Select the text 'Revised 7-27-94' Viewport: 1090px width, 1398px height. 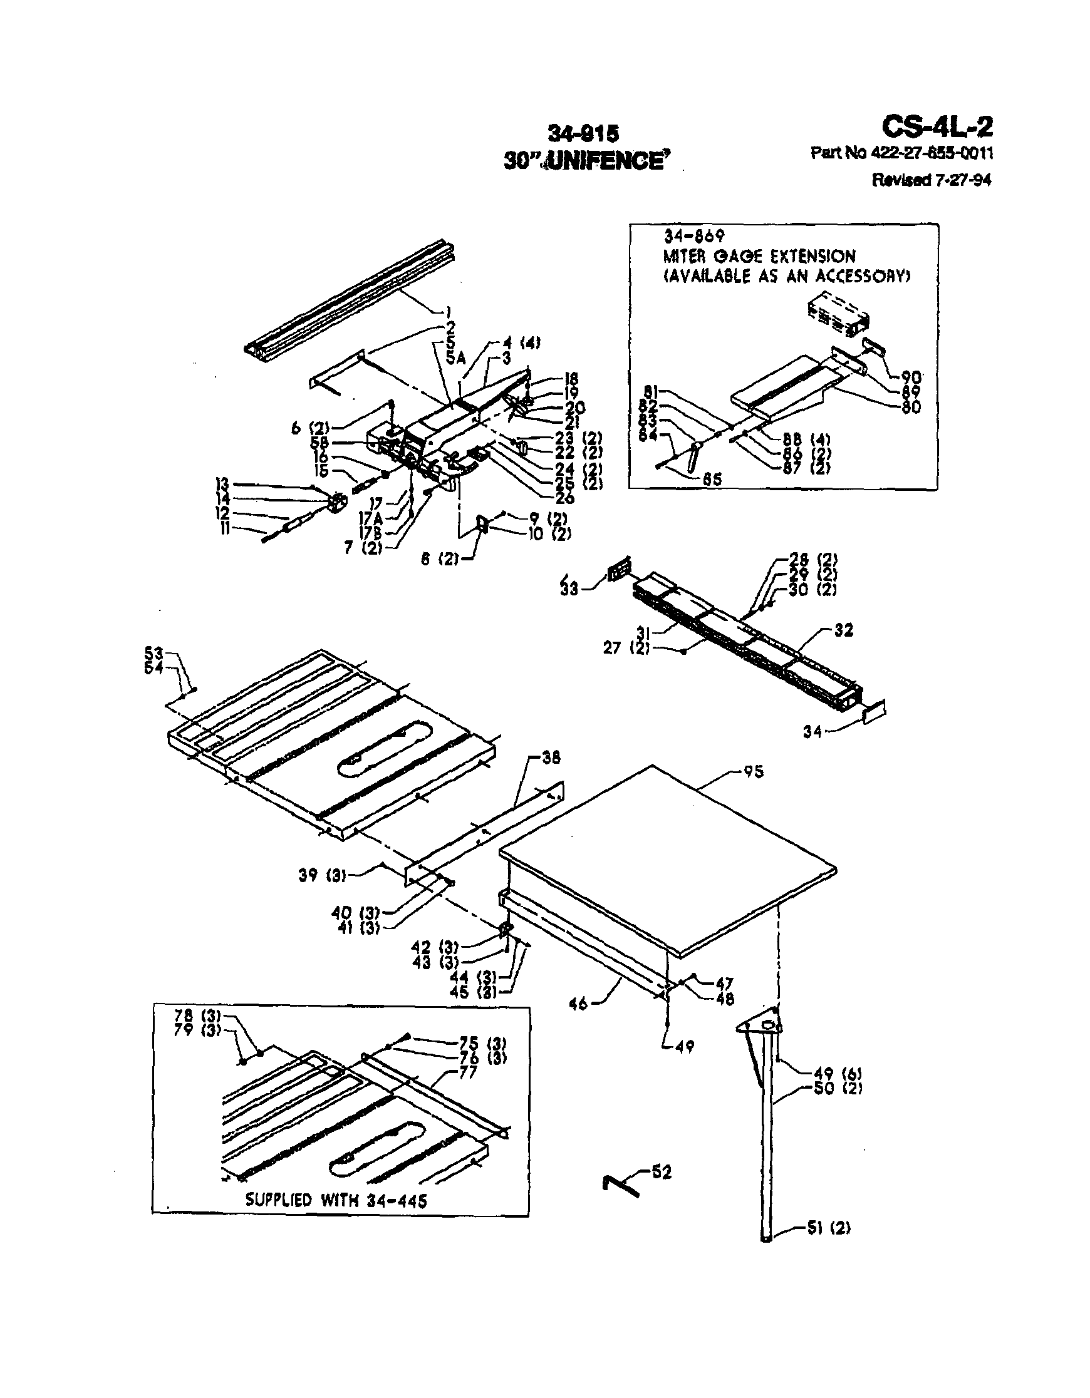(x=931, y=180)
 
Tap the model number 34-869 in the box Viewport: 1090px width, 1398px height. (x=693, y=236)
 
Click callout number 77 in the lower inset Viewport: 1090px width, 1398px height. (x=468, y=1072)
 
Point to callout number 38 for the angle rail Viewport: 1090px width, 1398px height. (x=550, y=758)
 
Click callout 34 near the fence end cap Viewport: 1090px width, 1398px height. (x=812, y=731)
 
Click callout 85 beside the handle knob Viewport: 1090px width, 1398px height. (x=712, y=478)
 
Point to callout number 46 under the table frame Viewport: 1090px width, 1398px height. (x=578, y=1004)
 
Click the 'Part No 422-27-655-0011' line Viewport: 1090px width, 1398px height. (x=901, y=153)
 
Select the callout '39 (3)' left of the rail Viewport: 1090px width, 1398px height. (x=321, y=875)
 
